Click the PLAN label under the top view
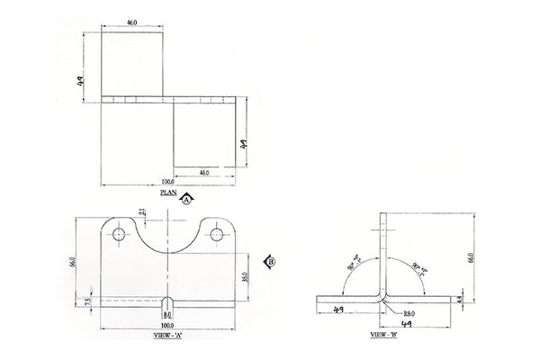tap(168, 192)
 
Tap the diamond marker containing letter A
tap(186, 201)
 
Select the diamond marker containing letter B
tap(270, 261)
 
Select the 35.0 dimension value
tap(244, 275)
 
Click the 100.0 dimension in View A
tap(166, 324)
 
